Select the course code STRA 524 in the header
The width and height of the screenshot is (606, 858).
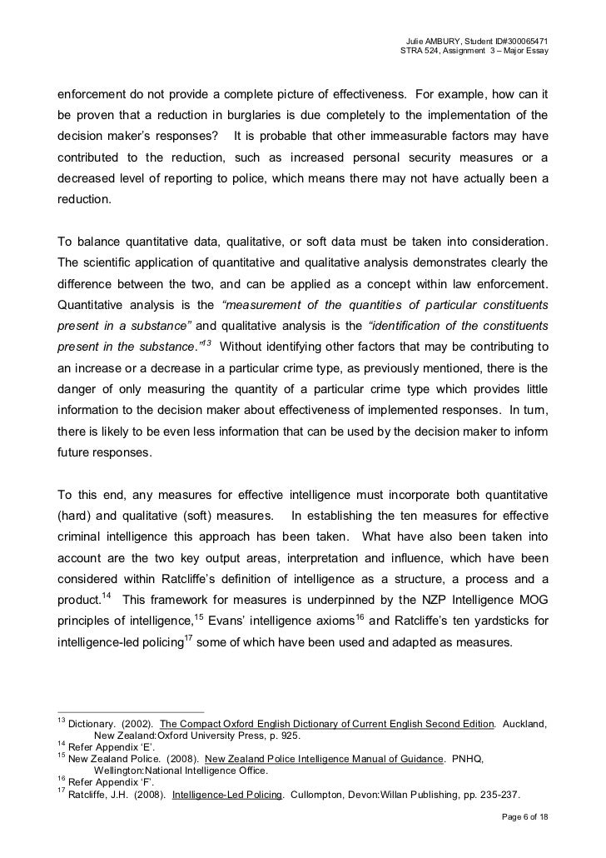[422, 53]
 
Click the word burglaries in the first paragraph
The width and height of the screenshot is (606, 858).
[256, 114]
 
